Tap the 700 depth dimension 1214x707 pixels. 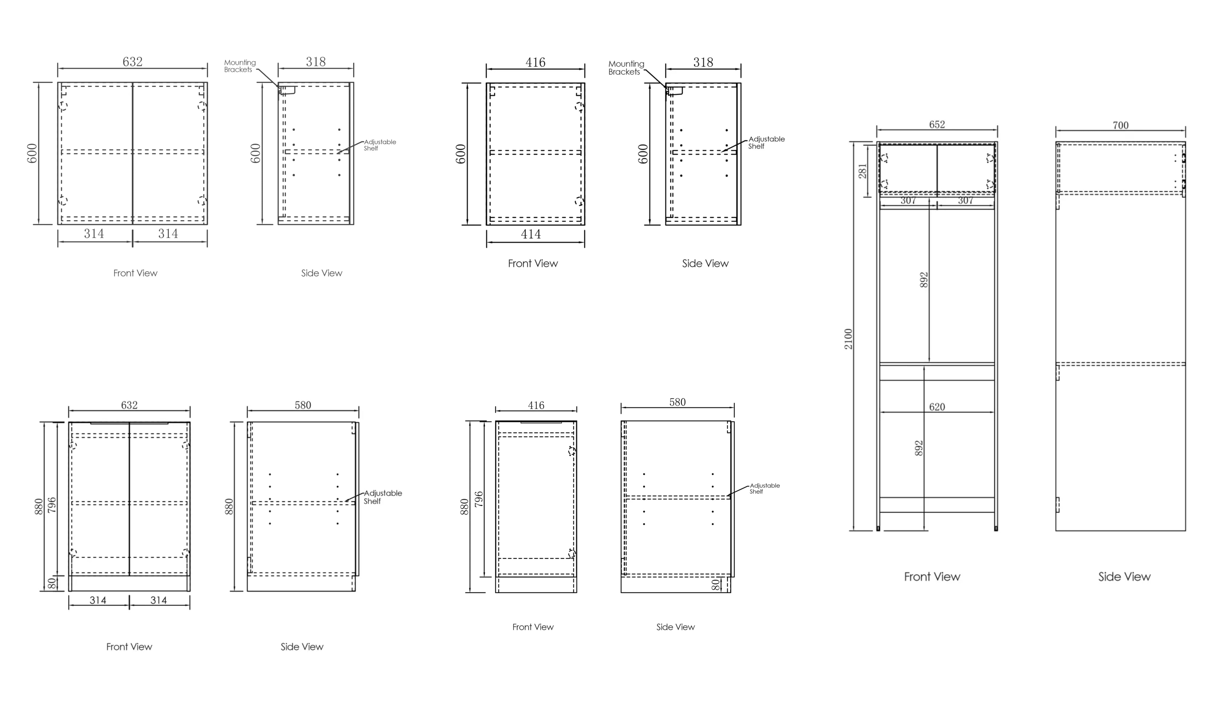[1120, 125]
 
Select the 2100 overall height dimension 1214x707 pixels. [848, 339]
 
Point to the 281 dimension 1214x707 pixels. [862, 171]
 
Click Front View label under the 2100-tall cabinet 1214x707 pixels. [932, 576]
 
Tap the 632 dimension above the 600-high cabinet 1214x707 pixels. [132, 62]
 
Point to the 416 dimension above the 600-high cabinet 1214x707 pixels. [535, 62]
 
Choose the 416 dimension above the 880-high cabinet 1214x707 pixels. [536, 405]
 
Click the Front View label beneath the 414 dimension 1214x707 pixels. [533, 263]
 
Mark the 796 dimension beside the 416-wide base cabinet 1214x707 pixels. [478, 499]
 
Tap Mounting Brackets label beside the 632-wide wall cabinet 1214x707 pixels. [240, 66]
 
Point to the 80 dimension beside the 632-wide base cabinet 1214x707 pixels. [52, 583]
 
